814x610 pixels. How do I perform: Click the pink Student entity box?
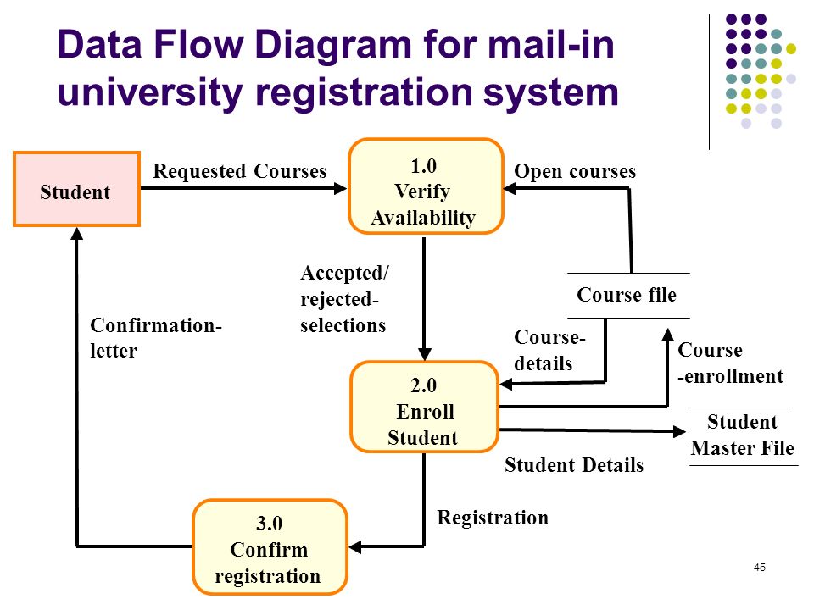tap(76, 189)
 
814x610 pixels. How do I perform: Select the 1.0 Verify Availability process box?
tap(426, 186)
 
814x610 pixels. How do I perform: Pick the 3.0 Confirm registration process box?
tap(270, 546)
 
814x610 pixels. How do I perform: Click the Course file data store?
tap(628, 295)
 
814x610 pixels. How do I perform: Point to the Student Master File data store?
tap(743, 435)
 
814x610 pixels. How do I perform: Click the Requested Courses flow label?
tap(239, 171)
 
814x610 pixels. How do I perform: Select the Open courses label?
tap(575, 171)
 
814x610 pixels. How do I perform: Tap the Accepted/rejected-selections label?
tap(344, 299)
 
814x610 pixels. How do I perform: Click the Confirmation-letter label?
tap(156, 338)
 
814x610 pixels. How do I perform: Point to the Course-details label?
tap(549, 350)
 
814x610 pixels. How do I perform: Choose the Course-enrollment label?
tap(730, 363)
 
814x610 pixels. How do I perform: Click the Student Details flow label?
tap(574, 465)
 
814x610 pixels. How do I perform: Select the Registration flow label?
tap(493, 518)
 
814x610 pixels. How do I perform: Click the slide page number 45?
tap(760, 568)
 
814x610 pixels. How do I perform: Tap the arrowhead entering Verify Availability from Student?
tap(341, 188)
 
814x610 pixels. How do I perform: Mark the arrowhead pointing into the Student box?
tap(77, 233)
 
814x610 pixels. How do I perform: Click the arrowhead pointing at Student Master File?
tap(679, 431)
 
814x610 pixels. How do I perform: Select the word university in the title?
tap(151, 92)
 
